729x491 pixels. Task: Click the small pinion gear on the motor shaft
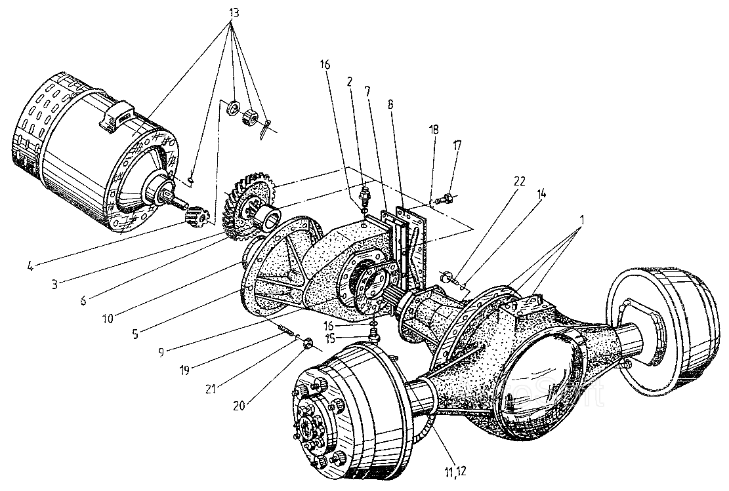click(198, 214)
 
